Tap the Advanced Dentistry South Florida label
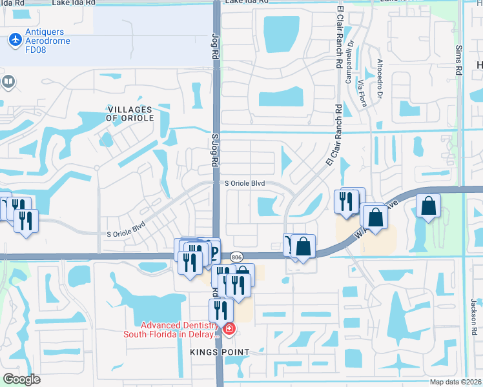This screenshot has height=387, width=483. tap(172, 329)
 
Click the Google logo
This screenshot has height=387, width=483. tap(21, 379)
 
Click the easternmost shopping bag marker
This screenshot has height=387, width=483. tap(428, 206)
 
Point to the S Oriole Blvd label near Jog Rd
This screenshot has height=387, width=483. tap(245, 183)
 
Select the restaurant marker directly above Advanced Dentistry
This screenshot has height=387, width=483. tap(220, 309)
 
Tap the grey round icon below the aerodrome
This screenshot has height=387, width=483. tap(8, 81)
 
